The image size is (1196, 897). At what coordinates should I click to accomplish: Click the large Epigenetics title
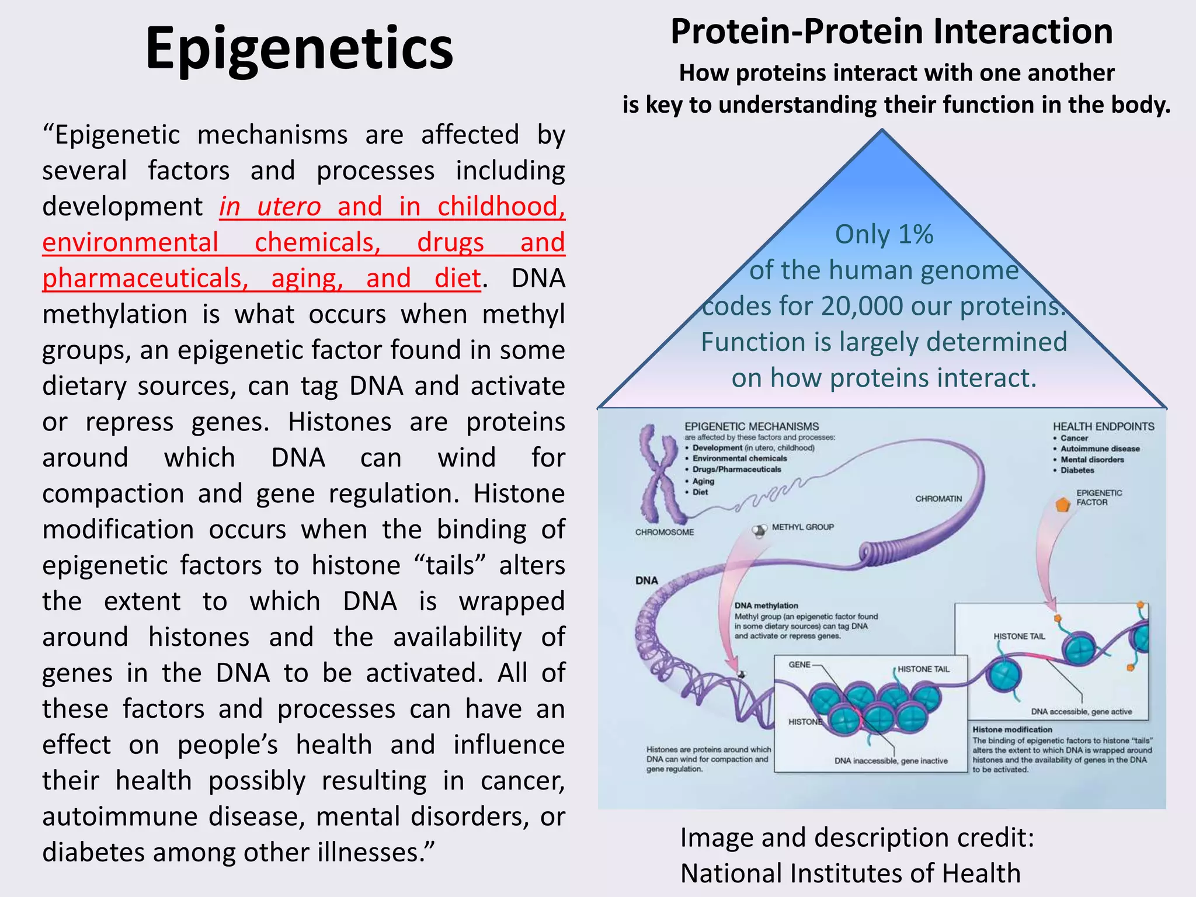click(299, 50)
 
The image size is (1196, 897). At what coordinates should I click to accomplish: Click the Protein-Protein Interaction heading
click(891, 32)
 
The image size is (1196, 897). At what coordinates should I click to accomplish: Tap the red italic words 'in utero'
click(270, 207)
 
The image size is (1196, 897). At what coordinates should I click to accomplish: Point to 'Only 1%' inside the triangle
click(884, 235)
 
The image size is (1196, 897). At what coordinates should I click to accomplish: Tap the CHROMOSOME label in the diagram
click(664, 533)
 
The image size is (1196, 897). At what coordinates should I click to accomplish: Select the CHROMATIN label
click(938, 499)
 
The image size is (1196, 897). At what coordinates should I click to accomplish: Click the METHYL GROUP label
click(802, 527)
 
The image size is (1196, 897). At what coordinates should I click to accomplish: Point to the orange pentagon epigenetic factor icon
click(1063, 503)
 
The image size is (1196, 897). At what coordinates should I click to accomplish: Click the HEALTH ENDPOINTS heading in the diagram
click(1103, 427)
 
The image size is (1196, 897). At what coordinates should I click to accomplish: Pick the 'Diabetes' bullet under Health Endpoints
click(1077, 470)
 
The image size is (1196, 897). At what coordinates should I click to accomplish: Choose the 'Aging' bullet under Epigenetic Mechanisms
click(703, 481)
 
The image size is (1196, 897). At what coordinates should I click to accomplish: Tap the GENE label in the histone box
click(799, 665)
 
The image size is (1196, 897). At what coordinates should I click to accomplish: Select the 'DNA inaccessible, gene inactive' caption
click(891, 761)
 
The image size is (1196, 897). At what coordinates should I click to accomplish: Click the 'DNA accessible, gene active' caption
click(1081, 712)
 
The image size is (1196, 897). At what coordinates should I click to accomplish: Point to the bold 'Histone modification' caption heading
click(1012, 729)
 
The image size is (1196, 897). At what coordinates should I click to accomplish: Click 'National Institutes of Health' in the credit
click(850, 874)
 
